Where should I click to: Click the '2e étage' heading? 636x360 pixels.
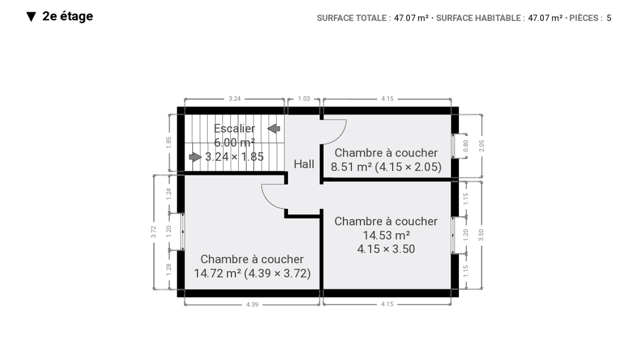click(67, 16)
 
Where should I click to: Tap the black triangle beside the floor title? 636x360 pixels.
click(31, 17)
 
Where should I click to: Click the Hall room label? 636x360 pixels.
click(304, 164)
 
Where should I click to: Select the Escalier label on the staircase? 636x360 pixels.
click(234, 128)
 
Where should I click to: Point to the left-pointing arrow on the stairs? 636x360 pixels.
click(274, 129)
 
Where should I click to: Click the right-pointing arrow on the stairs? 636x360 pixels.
click(195, 157)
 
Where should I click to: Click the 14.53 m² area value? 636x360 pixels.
click(386, 235)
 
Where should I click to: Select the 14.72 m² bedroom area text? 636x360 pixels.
click(217, 273)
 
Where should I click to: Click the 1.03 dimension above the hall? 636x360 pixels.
click(304, 99)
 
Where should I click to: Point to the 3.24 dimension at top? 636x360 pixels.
click(235, 99)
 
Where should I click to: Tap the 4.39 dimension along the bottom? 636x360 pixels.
click(252, 304)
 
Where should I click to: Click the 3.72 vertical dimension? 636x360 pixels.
click(154, 232)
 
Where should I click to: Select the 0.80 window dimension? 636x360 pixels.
click(466, 146)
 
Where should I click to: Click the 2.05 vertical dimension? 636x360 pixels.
click(481, 146)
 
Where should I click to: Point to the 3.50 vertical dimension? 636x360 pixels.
click(481, 235)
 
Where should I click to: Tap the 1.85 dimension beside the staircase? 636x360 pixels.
click(169, 142)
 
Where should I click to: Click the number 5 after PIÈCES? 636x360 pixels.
click(609, 18)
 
